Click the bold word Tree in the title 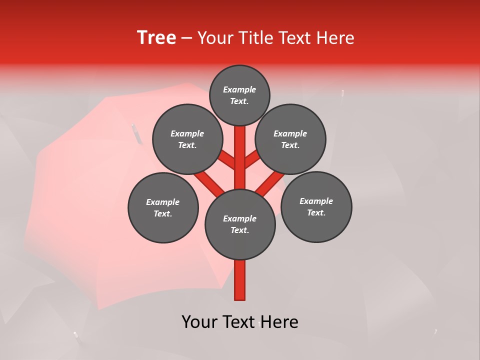(x=156, y=37)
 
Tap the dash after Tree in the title (x=186, y=38)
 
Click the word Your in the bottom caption (x=199, y=322)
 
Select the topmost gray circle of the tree (x=239, y=95)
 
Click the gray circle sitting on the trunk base (x=240, y=224)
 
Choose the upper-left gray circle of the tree (x=187, y=139)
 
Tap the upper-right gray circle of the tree (x=290, y=139)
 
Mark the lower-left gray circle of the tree (x=163, y=208)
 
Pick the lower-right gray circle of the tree (x=316, y=207)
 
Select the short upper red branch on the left (x=227, y=160)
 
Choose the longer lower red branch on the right (x=269, y=184)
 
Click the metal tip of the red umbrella (x=134, y=132)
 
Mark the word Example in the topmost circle (x=239, y=90)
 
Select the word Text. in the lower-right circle (x=316, y=213)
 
